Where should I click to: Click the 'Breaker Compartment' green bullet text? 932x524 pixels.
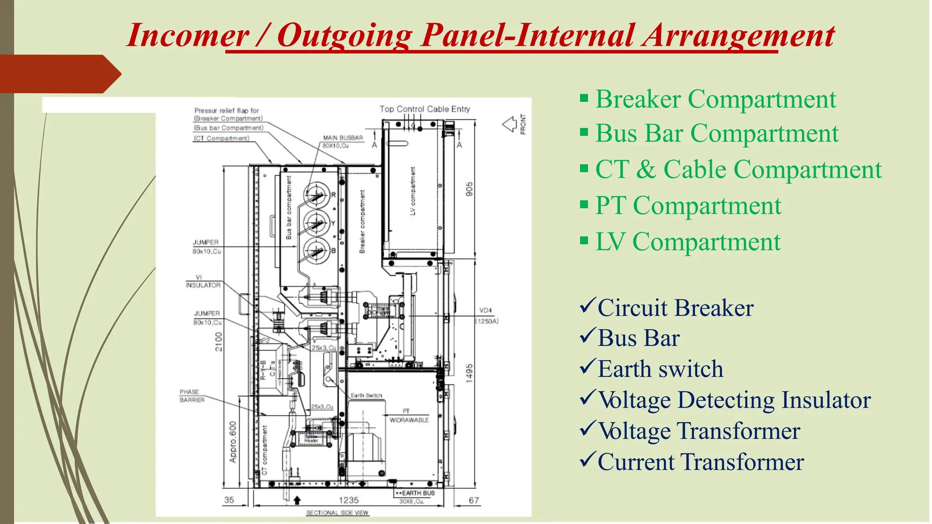[x=715, y=99]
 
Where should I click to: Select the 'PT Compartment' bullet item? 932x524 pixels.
[x=688, y=206]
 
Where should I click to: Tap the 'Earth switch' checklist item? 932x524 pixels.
[x=660, y=369]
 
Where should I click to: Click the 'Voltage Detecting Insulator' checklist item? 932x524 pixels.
[x=734, y=400]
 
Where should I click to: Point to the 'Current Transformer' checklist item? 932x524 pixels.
[x=700, y=462]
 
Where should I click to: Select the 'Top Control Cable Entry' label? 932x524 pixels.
[x=425, y=109]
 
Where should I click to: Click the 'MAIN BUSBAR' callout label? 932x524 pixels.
[x=343, y=138]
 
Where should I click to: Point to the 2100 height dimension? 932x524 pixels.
[x=219, y=342]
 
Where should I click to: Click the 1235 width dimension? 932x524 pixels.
[x=349, y=500]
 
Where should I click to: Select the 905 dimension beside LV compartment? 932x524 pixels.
[x=469, y=189]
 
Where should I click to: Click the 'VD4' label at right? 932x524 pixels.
[x=486, y=311]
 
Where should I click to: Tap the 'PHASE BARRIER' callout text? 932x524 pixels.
[x=192, y=396]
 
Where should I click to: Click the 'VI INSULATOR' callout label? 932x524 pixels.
[x=203, y=282]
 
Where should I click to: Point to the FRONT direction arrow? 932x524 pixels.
[x=510, y=124]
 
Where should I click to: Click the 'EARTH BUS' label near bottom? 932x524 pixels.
[x=417, y=493]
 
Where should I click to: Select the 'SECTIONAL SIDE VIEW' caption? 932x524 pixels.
[x=337, y=513]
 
